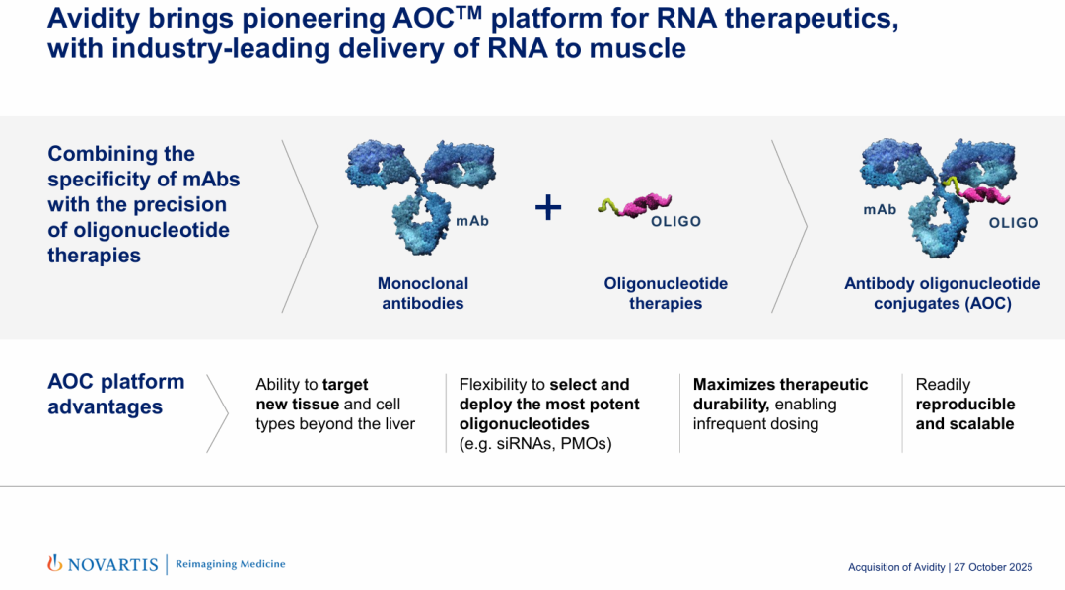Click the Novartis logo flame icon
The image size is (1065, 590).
point(55,563)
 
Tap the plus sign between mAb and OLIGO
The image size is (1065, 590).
point(548,207)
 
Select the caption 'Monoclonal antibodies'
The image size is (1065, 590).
point(423,293)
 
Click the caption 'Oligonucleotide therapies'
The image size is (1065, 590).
point(666,293)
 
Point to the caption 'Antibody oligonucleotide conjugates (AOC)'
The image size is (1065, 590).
point(942,293)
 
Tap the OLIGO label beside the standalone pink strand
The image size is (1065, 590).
point(675,222)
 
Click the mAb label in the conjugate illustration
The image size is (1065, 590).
point(880,210)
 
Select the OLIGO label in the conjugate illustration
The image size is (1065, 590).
point(1014,223)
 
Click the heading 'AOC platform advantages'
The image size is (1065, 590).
point(115,394)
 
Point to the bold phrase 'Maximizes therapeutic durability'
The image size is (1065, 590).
point(779,394)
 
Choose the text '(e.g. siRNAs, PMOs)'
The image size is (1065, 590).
point(535,444)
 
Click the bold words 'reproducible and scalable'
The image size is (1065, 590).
point(964,414)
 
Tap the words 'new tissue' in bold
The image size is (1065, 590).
point(297,405)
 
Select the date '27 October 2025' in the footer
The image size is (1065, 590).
point(993,567)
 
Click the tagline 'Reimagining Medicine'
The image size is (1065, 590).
point(230,564)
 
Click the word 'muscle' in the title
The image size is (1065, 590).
point(637,47)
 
